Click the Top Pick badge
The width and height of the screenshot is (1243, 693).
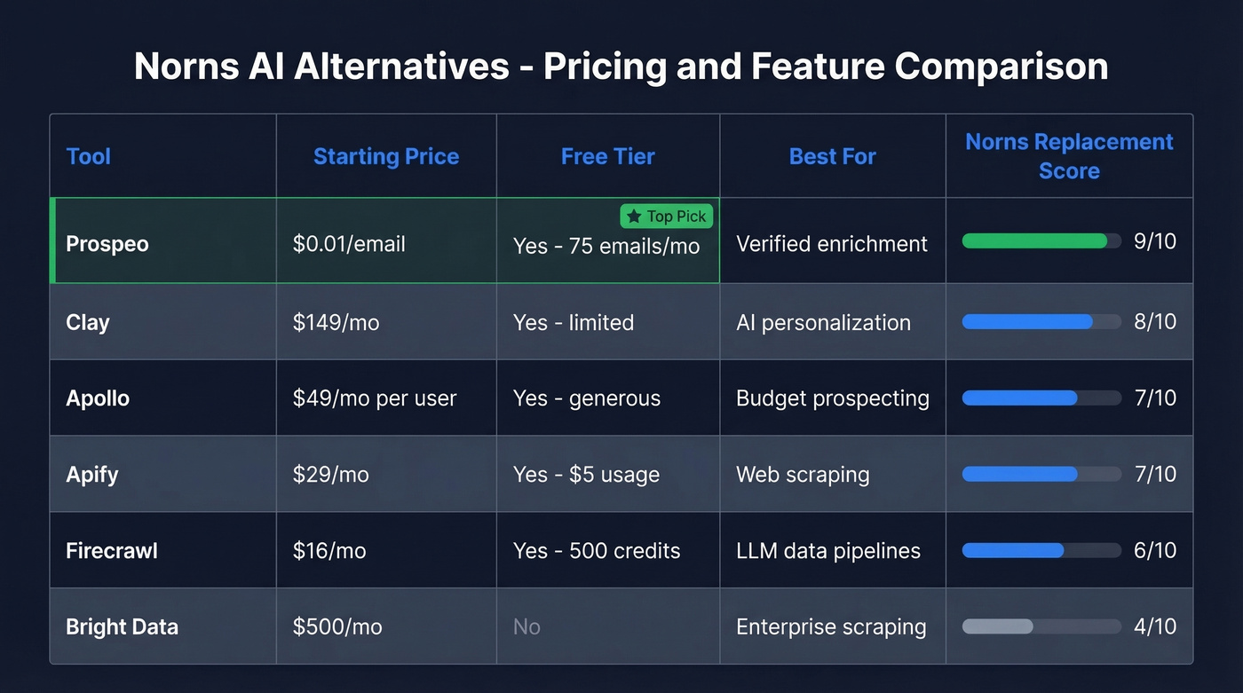pos(667,217)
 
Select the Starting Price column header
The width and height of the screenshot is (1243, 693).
pos(386,157)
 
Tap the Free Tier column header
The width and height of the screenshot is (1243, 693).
pos(608,157)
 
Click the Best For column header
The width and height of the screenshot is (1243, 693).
pos(833,157)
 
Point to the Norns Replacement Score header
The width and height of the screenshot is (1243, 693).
pos(1069,156)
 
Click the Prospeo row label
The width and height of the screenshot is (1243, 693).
pos(107,244)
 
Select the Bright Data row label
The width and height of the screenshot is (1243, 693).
pos(122,627)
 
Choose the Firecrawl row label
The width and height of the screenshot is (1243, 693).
pos(112,551)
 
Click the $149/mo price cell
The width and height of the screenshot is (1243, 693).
pos(336,322)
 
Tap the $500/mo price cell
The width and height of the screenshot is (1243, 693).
pos(337,627)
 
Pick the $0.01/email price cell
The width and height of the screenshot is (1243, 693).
pos(349,244)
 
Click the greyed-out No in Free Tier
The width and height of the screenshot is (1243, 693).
pos(526,627)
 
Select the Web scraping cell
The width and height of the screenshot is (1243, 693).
pos(803,475)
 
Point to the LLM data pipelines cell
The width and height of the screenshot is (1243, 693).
pos(828,551)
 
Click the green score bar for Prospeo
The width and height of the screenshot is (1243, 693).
pos(1034,241)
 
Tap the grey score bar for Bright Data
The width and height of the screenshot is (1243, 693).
pos(998,626)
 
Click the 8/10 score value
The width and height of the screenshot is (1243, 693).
pos(1155,322)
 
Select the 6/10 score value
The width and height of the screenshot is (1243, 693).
pos(1155,551)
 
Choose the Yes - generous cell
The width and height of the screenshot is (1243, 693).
pos(587,398)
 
